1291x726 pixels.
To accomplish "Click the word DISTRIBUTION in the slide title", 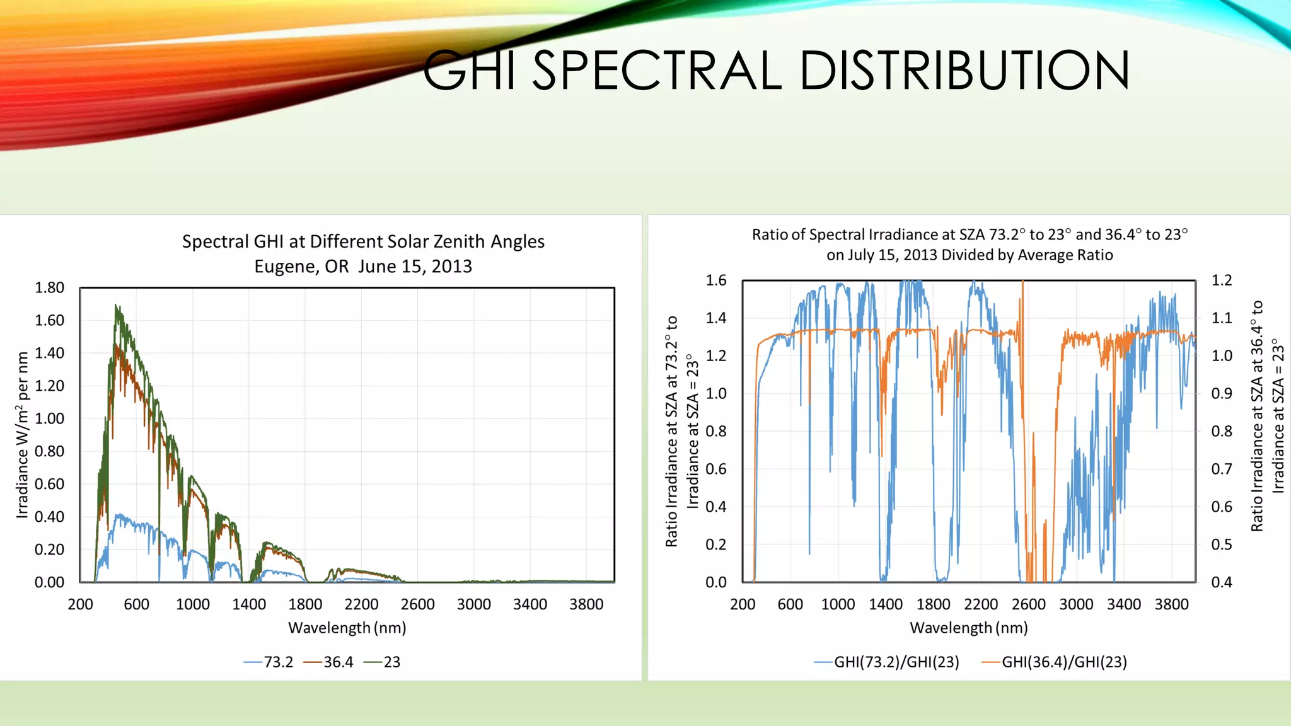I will pos(964,71).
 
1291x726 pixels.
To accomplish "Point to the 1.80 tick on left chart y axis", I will pos(49,288).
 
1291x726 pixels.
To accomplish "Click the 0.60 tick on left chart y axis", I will pos(49,484).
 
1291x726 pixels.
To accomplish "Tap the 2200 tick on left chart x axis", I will pos(361,604).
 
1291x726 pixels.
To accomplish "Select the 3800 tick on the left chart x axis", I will pos(586,604).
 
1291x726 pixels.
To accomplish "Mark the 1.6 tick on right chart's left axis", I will pos(715,280).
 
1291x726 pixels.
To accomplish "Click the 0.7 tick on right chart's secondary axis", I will pos(1222,469).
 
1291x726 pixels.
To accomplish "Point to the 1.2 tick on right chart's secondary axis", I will pos(1222,280).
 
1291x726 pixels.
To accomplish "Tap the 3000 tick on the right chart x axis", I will pos(1076,604).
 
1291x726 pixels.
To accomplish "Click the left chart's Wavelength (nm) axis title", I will pos(347,628).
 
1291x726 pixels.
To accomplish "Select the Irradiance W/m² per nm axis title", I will pos(23,435).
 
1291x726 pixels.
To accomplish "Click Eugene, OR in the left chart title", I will pos(301,267).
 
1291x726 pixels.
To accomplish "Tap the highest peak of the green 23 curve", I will pos(116,306).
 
